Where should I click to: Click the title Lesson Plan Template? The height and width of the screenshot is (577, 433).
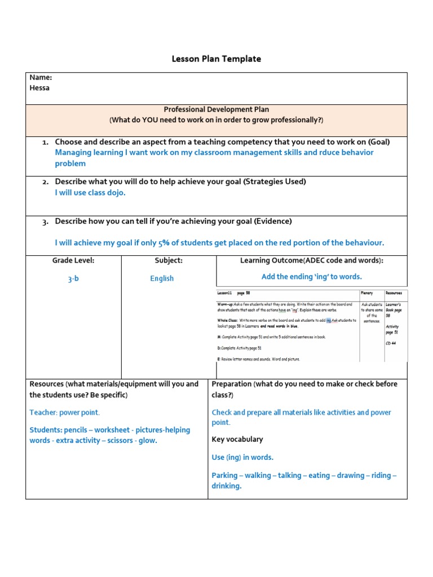216,59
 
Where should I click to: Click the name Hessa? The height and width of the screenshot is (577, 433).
39,88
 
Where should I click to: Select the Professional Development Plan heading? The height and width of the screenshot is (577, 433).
216,109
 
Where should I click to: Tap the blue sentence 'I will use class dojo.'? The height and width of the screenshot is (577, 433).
90,192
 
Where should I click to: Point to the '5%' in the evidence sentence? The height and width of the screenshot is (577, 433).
164,242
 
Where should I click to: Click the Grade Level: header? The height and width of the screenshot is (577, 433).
73,260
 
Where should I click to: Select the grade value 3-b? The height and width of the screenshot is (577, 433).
73,278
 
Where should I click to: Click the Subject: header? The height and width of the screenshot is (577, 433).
169,260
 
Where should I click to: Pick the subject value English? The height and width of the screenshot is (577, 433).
162,278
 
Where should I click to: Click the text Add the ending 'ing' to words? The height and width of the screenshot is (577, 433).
311,277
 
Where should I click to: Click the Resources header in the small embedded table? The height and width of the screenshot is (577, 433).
394,293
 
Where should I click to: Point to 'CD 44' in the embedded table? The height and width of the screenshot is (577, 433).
391,343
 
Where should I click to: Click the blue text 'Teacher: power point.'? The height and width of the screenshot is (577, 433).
64,412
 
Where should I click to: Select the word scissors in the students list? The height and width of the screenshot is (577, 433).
122,440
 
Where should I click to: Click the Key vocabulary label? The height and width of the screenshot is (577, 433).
237,439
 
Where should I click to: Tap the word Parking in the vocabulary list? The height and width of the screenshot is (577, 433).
225,476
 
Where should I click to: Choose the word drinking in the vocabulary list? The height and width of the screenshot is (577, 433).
226,486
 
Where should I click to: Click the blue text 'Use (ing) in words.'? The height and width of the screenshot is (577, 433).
242,458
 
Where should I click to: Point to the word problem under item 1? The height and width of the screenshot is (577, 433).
70,163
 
